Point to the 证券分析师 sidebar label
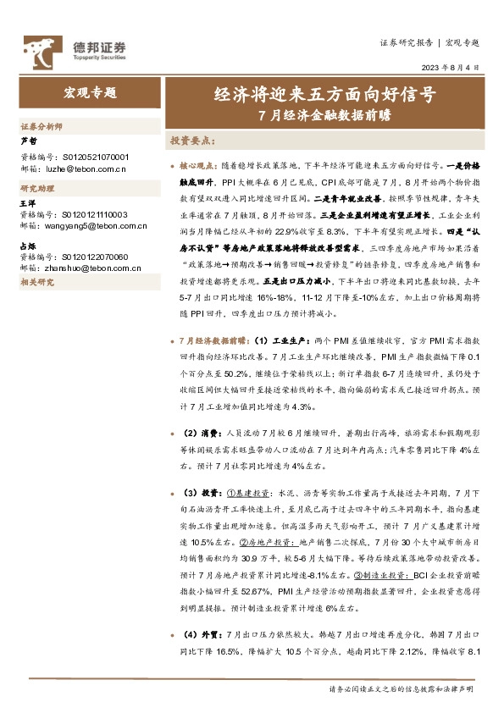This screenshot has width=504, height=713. pyautogui.click(x=42, y=125)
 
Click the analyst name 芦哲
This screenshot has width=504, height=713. pyautogui.click(x=28, y=141)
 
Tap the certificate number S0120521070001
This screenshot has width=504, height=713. pyautogui.click(x=85, y=158)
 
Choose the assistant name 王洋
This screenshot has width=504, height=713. pyautogui.click(x=28, y=203)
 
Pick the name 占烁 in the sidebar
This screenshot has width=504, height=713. pyautogui.click(x=28, y=244)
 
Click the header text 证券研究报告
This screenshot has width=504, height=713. pyautogui.click(x=407, y=42)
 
